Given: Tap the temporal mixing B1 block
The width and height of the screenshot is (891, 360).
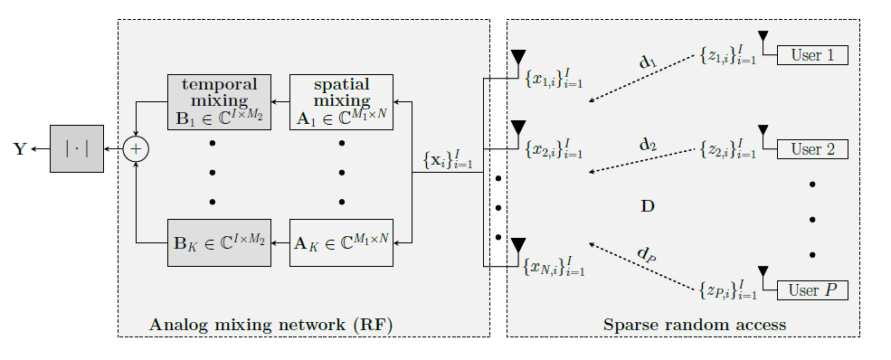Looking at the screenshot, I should point(219,102).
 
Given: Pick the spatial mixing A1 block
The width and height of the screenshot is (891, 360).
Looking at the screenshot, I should point(341,102).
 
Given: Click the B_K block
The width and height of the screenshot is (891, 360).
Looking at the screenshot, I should point(219,242).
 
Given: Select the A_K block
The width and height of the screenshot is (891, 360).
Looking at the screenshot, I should point(341,242).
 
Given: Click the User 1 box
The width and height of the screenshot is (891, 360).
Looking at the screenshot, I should point(812,55).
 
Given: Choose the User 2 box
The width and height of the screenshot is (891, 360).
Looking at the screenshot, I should point(812,149).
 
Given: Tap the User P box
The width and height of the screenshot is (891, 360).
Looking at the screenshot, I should point(812,290).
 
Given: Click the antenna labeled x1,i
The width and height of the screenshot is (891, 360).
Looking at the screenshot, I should point(518,60).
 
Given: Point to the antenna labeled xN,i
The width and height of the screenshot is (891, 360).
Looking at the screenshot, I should point(518,247).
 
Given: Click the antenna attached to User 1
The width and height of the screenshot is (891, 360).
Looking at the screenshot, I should point(763,39).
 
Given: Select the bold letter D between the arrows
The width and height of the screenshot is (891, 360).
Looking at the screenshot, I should point(647,206).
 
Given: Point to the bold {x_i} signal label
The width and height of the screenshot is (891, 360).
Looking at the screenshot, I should point(448,161).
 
